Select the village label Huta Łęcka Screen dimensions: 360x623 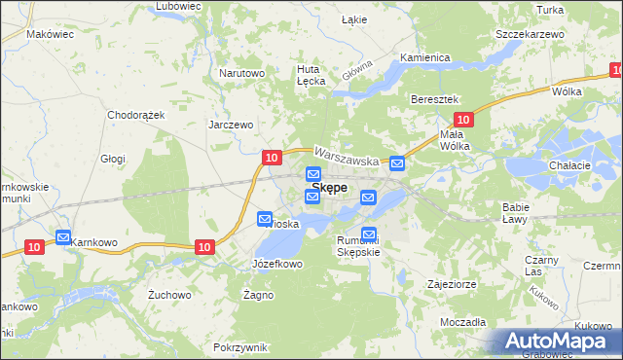click(x=311, y=76)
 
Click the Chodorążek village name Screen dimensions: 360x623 click(x=137, y=114)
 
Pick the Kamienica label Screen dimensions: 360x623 click(x=423, y=57)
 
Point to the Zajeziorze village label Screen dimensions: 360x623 click(x=449, y=285)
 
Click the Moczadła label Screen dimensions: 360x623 click(x=462, y=320)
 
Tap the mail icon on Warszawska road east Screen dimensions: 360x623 click(x=397, y=163)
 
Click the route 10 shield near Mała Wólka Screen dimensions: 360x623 click(x=463, y=120)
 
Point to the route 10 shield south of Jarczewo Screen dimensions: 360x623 click(x=272, y=157)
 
